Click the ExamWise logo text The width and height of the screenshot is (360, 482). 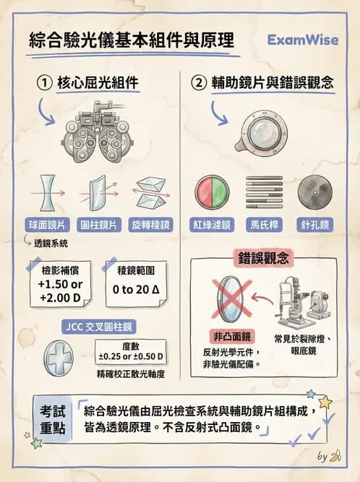click(302, 40)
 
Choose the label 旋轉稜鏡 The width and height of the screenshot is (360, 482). click(150, 225)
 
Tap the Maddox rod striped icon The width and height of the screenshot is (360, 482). click(264, 191)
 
